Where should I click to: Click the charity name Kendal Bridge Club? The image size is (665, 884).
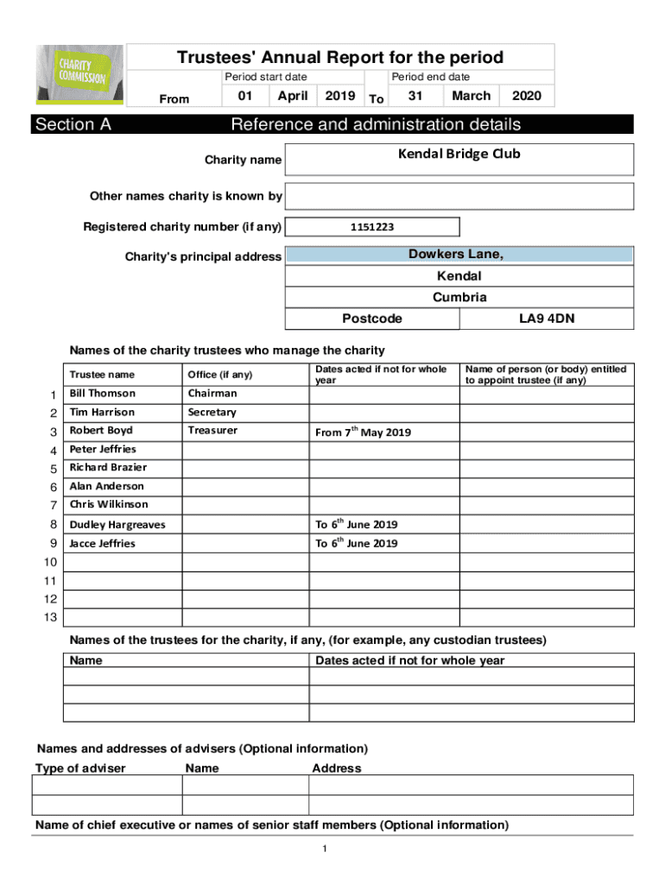pyautogui.click(x=459, y=155)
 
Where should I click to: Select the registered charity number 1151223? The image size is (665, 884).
pyautogui.click(x=372, y=227)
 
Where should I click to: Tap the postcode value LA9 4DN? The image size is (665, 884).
pyautogui.click(x=547, y=319)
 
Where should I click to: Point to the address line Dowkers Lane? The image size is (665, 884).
pyautogui.click(x=456, y=255)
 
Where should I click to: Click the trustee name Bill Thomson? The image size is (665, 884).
pyautogui.click(x=102, y=394)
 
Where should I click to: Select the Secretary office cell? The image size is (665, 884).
pyautogui.click(x=212, y=413)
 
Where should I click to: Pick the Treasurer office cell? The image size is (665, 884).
pyautogui.click(x=212, y=430)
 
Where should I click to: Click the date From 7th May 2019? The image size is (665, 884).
pyautogui.click(x=363, y=432)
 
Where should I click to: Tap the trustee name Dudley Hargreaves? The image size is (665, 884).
pyautogui.click(x=117, y=525)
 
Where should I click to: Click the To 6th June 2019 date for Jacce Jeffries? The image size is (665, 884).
pyautogui.click(x=356, y=543)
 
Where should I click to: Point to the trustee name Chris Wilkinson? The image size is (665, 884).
pyautogui.click(x=109, y=504)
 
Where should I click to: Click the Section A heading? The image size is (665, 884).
pyautogui.click(x=73, y=124)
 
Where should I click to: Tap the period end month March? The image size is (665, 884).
pyautogui.click(x=471, y=96)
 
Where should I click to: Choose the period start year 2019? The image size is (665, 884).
pyautogui.click(x=339, y=96)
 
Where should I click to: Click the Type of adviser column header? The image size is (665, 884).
pyautogui.click(x=80, y=768)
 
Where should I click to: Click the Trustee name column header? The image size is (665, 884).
pyautogui.click(x=102, y=375)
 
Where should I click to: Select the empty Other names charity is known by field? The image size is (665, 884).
pyautogui.click(x=459, y=196)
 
